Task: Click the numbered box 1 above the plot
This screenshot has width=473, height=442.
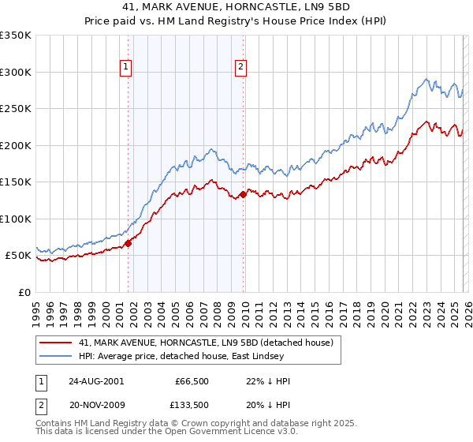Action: tap(126, 68)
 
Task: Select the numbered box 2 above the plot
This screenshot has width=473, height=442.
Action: tap(240, 68)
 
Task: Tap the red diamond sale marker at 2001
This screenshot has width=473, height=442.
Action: tap(128, 243)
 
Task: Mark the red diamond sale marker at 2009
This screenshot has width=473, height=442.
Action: tap(243, 194)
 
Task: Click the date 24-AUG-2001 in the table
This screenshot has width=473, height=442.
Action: tap(95, 380)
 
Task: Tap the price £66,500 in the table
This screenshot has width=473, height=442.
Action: tap(192, 380)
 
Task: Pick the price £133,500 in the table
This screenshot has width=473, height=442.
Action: tap(192, 406)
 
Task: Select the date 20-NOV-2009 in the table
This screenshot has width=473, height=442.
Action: tap(95, 406)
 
